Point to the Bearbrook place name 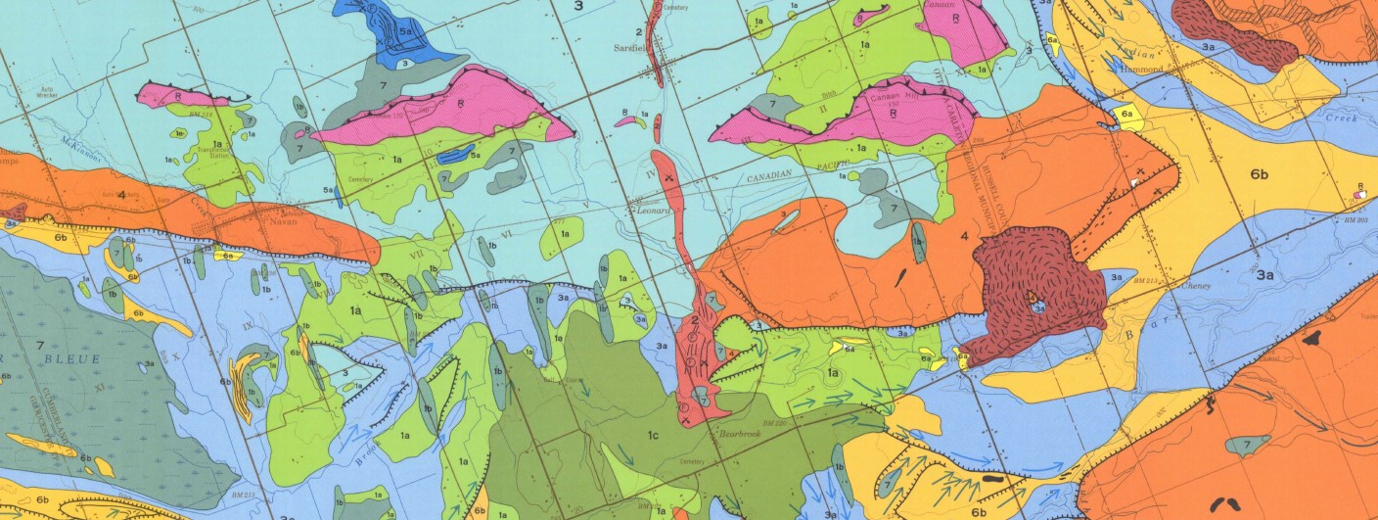click(742, 432)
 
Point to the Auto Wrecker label click(44, 121)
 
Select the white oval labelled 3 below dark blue click(404, 63)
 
